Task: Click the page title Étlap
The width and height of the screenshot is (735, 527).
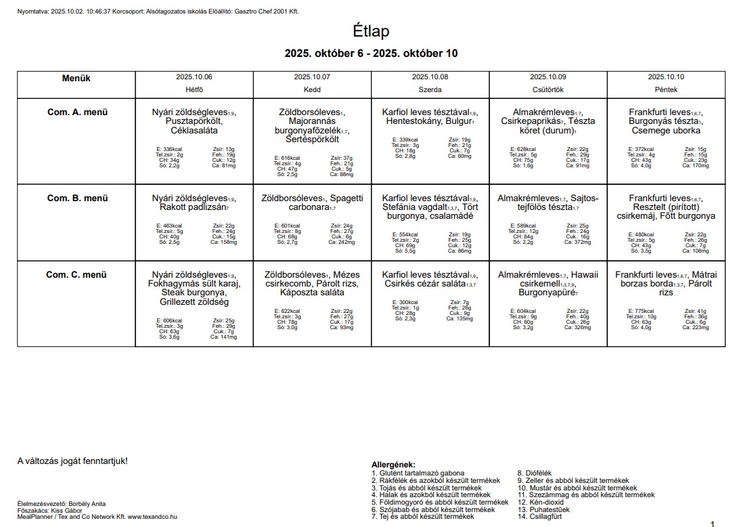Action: point(371,31)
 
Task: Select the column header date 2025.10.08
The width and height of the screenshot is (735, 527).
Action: point(430,77)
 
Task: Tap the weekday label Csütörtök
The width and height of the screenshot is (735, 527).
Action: point(548,89)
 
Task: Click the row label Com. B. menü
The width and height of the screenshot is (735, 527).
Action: point(76,198)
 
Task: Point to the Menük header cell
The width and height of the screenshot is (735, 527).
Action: point(76,79)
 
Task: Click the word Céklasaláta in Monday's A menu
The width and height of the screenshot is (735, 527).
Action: point(194,131)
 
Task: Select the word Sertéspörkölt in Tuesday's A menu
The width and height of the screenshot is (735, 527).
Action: point(312,140)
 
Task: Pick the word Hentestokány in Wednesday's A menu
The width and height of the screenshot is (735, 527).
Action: point(413,121)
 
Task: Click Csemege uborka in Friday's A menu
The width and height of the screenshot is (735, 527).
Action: point(666,131)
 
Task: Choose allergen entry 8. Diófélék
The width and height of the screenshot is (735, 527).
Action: point(534,473)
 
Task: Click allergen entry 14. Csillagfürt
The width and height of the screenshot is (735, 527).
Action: point(539,516)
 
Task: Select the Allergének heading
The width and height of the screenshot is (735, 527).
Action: point(393,464)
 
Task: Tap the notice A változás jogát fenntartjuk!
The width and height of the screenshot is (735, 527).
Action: point(72,461)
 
